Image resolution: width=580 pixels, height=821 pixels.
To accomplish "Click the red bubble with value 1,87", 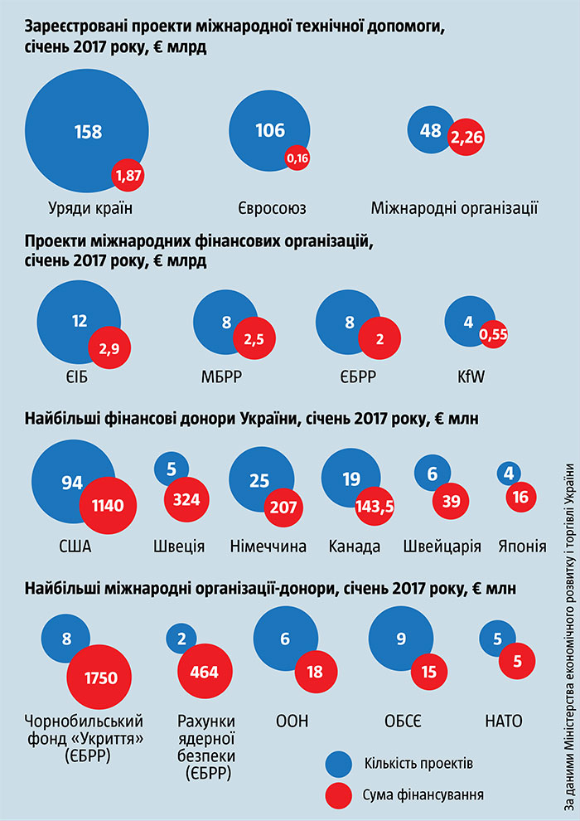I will [x=129, y=175].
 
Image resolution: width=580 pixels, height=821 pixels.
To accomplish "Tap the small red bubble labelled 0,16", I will [x=297, y=157].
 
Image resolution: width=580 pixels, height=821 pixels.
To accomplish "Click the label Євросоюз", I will [x=270, y=207].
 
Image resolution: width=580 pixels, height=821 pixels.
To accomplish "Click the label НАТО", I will [x=503, y=720].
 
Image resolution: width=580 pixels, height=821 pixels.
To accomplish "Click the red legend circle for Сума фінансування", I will [x=340, y=794].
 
